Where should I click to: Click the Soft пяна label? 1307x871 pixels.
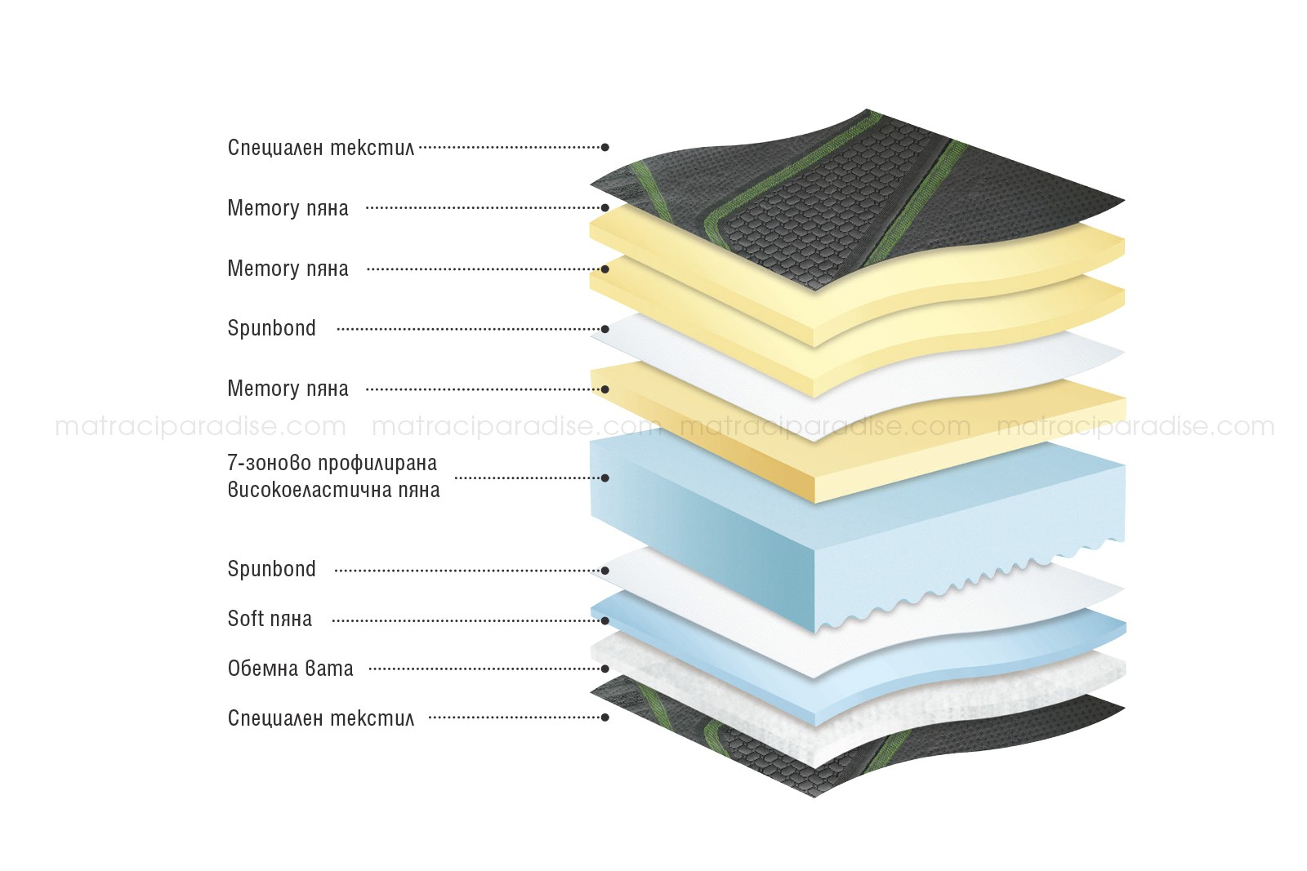[x=270, y=619]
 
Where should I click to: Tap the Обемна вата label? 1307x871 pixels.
[x=291, y=668]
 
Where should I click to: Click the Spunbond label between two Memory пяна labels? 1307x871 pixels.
[x=271, y=328]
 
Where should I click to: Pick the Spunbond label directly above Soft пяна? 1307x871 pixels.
[x=271, y=569]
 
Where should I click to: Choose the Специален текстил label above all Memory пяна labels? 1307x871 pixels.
[x=321, y=148]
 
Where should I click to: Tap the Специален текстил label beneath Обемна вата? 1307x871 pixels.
[x=321, y=718]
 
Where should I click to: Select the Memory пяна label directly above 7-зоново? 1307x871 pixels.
[x=288, y=389]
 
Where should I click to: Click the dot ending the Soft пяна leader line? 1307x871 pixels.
[x=605, y=620]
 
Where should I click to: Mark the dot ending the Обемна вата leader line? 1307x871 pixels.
[x=605, y=669]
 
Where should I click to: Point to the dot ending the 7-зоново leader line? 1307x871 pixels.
[x=605, y=478]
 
